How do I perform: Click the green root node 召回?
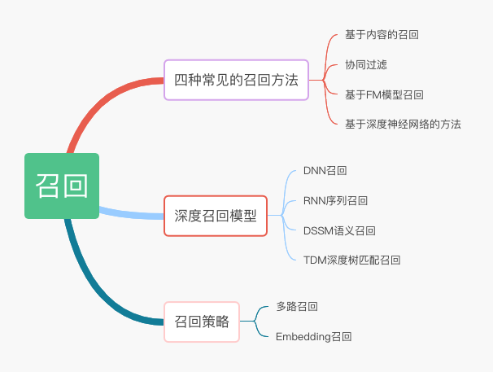[62, 186]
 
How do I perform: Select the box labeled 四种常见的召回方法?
[237, 80]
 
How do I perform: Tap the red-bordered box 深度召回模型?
[216, 216]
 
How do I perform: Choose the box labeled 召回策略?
[203, 322]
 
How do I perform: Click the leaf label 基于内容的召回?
[382, 35]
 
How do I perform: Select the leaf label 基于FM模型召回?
[384, 94]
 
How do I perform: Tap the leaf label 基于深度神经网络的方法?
[403, 124]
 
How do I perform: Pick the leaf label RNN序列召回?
[335, 200]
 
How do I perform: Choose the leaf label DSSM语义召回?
[339, 230]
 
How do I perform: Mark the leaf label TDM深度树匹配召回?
[351, 260]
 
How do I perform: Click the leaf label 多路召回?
[297, 306]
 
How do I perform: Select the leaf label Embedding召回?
[314, 336]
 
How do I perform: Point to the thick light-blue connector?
[130, 213]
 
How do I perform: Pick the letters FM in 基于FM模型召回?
[373, 94]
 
